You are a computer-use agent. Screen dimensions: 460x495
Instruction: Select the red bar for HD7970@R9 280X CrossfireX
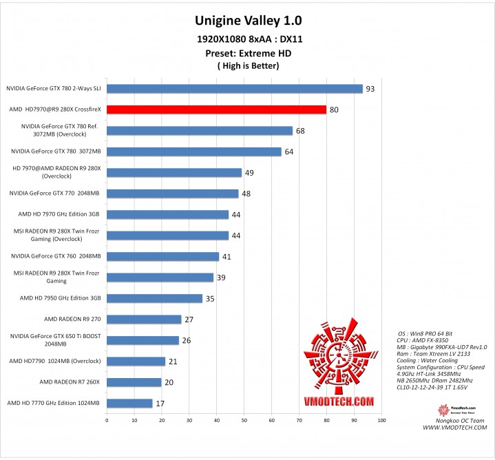point(216,109)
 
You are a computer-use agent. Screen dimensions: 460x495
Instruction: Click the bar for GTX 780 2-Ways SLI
point(234,88)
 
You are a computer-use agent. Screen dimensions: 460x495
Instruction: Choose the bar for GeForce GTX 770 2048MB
point(172,194)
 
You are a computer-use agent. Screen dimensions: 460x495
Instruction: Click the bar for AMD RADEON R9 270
point(144,320)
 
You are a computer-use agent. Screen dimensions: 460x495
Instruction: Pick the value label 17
point(161,404)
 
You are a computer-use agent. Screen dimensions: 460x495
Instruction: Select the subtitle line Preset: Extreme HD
point(249,52)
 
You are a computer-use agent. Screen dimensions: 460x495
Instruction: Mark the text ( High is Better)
point(249,66)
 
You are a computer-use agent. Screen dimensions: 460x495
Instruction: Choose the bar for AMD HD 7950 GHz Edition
point(154,298)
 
